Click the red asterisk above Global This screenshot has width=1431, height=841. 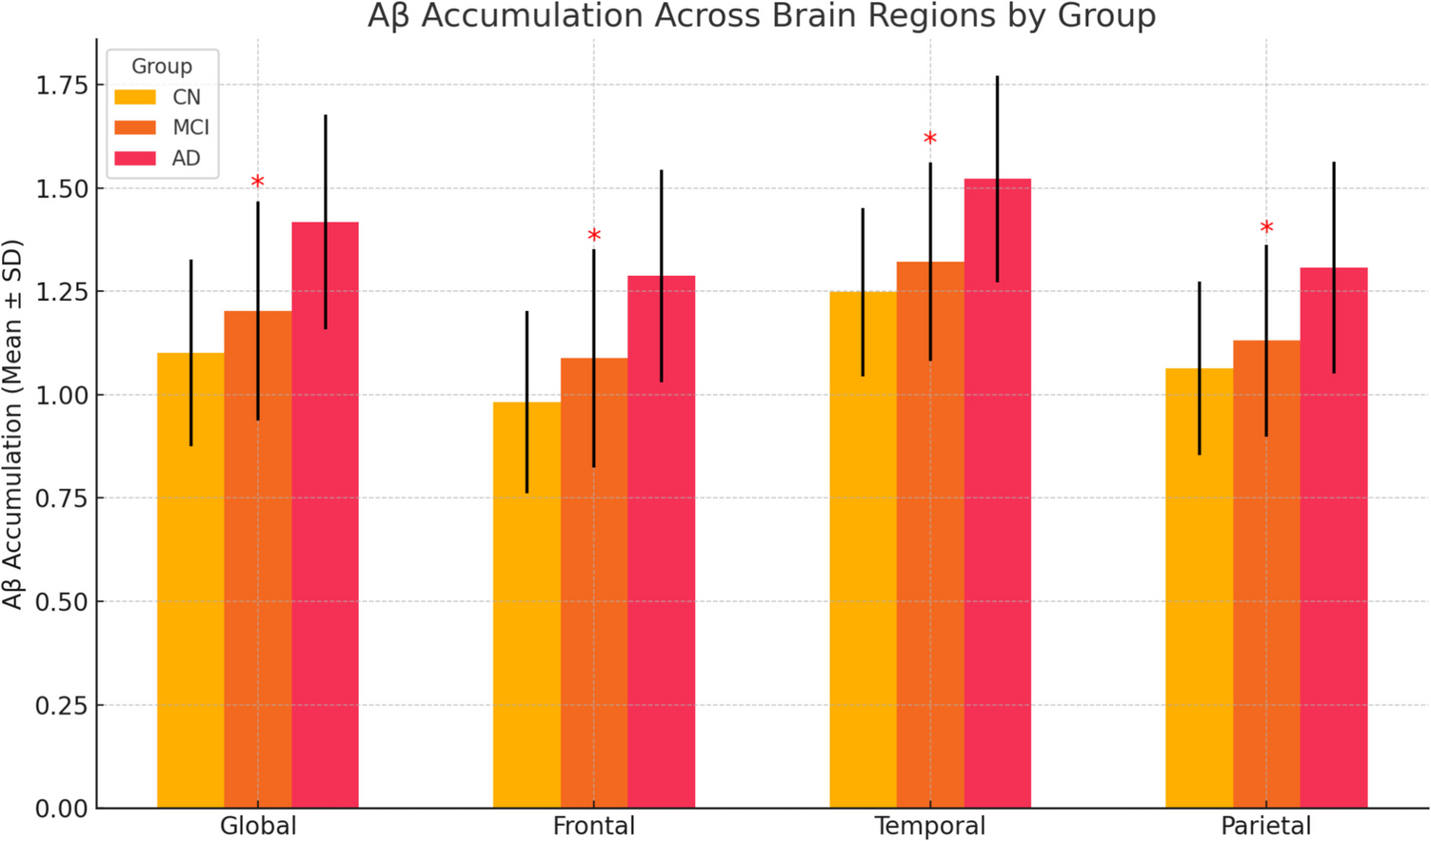coord(257,183)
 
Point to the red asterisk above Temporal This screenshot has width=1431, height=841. coord(930,140)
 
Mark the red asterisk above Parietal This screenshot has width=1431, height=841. coord(1266,228)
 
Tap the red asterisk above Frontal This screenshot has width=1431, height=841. coord(594,236)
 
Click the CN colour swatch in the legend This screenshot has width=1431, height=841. coord(135,97)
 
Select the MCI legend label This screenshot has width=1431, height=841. coord(190,127)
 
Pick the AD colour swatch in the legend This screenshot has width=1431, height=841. coord(135,158)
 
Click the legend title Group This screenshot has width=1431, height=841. coord(162,67)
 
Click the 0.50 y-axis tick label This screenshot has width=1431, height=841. coord(62,601)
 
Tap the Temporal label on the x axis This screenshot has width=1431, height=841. coord(930,826)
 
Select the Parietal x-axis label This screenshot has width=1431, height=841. coord(1266,826)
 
